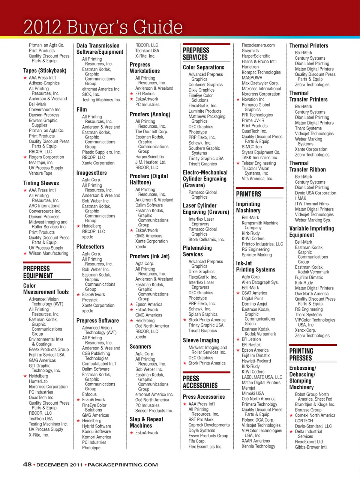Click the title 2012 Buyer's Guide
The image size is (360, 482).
pos(103,27)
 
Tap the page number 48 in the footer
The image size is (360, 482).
pos(27,464)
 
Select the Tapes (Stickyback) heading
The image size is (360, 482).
pos(45,71)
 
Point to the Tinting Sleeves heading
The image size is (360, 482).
pos(41,183)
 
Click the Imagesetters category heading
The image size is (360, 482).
pos(91,173)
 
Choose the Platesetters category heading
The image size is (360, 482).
pos(90,247)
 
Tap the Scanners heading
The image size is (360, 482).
pos(140,347)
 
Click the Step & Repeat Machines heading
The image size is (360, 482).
pos(146,422)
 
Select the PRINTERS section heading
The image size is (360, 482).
pos(249,194)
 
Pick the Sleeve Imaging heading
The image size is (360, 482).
pos(201,340)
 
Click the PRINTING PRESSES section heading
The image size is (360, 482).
pos(301,354)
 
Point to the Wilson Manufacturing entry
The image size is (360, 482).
pos(49,253)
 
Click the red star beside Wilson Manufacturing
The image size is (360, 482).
pos(25,253)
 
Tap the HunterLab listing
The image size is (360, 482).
pos(38,381)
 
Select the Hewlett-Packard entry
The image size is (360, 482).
pos(256,361)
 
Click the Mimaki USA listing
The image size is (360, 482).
pos(253,393)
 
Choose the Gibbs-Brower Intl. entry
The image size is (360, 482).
pos(311,447)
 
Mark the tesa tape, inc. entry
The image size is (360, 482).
pos(41,163)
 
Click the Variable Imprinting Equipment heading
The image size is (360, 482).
pos(311,232)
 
